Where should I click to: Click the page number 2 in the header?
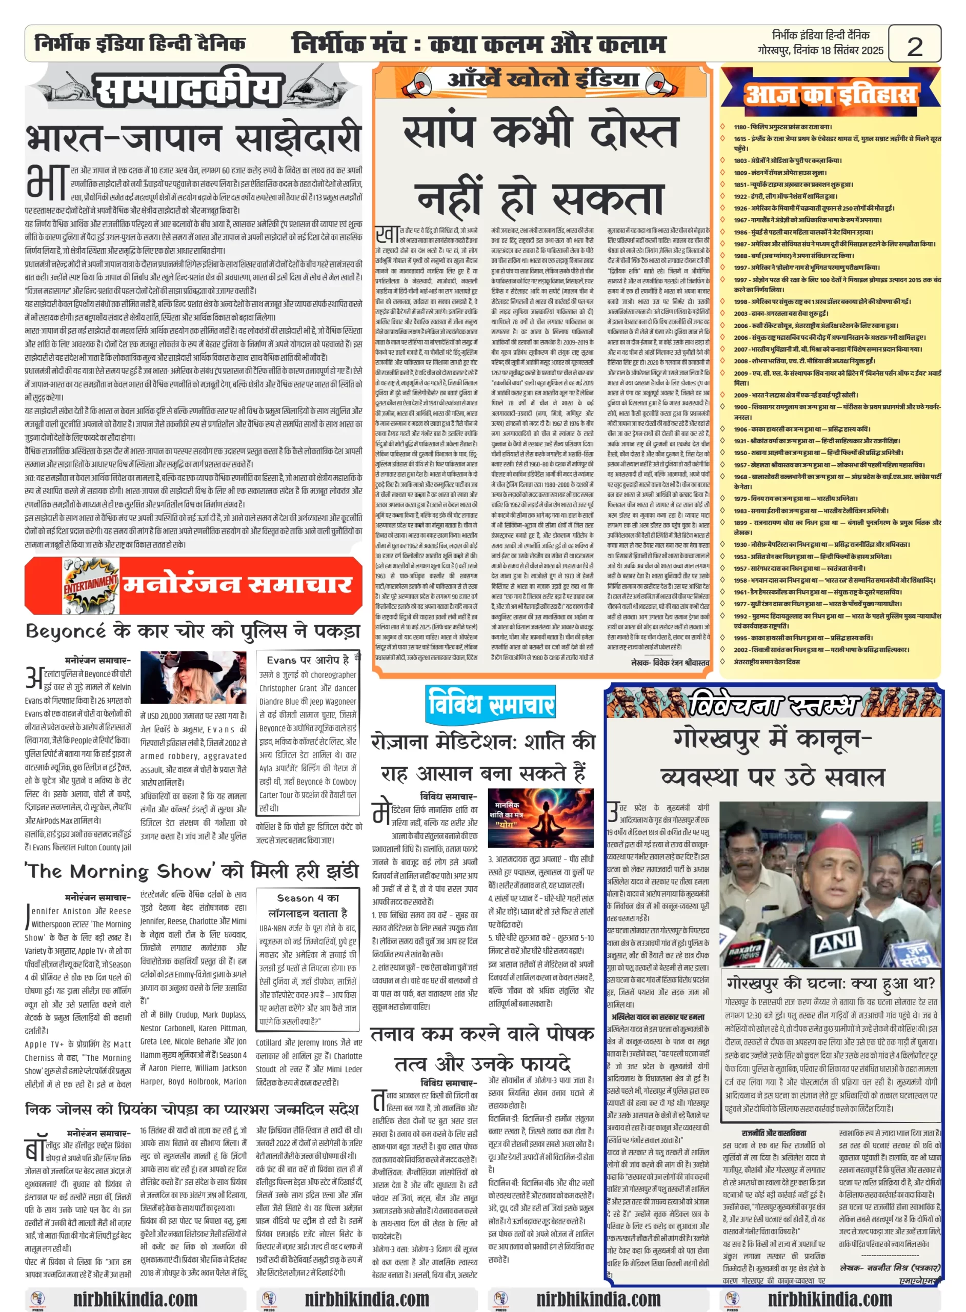coord(914,46)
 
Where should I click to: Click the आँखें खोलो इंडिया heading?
coord(543,79)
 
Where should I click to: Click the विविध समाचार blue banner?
coord(490,703)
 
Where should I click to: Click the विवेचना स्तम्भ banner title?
coord(774,706)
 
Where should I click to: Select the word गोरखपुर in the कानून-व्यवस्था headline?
coord(717,739)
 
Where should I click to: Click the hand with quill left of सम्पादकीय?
coord(69,89)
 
